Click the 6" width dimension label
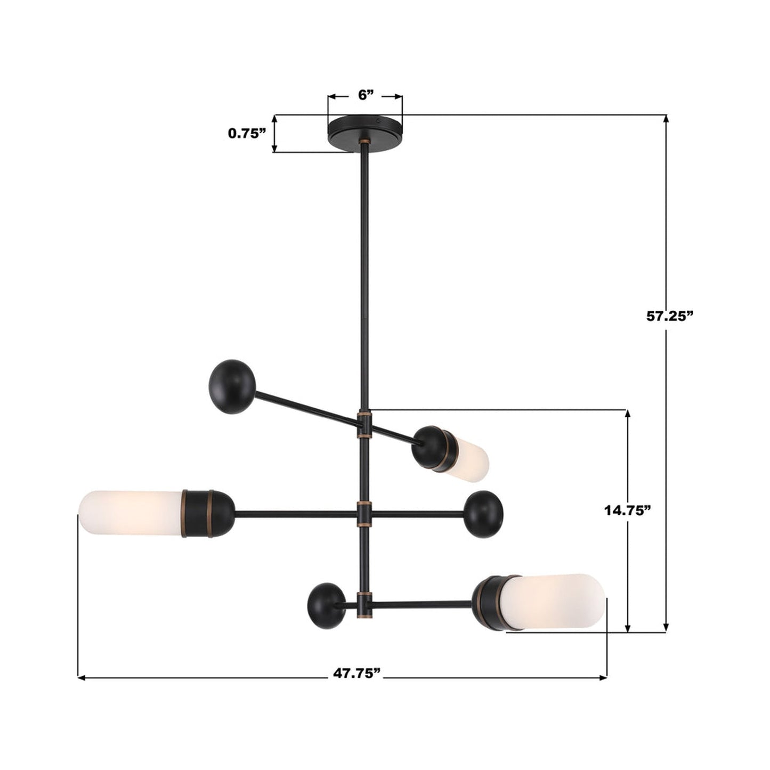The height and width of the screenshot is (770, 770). pos(365,95)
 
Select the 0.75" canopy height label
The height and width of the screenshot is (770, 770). pos(247,133)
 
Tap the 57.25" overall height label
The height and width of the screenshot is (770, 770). pos(669,315)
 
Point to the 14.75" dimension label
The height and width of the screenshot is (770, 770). pos(628,510)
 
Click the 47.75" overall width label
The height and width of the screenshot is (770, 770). pos(357,673)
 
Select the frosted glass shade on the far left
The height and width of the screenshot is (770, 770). pos(131,513)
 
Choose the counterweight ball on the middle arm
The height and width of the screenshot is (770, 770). pos(483,514)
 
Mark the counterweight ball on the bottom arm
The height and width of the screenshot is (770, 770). pos(326,606)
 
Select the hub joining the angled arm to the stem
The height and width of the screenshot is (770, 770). pos(364,424)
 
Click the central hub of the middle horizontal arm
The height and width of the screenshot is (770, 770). pos(364,514)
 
